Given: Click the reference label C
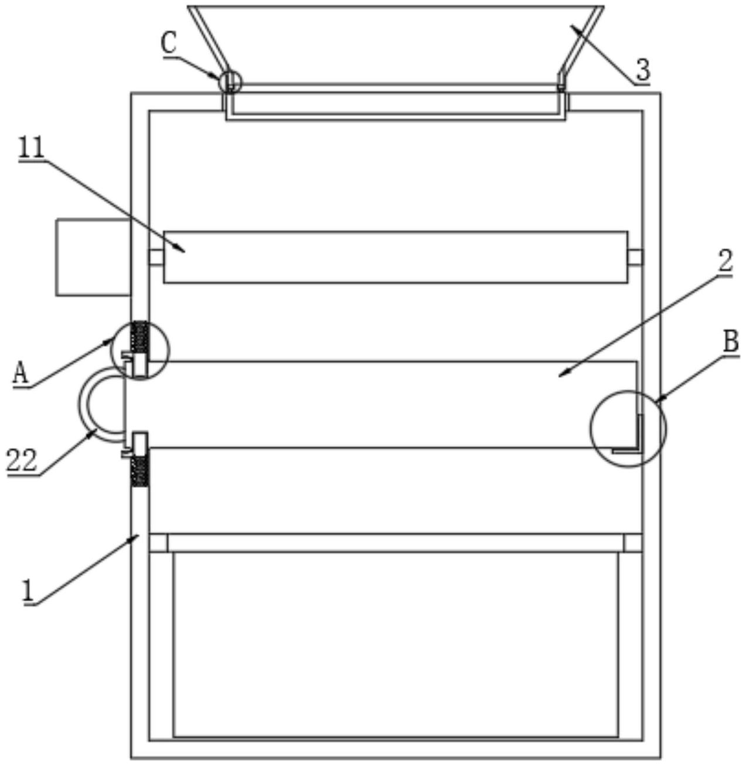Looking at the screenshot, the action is [169, 45].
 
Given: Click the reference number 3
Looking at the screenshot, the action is [643, 71].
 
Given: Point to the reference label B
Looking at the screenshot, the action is [730, 341].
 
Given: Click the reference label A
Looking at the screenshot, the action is [21, 372].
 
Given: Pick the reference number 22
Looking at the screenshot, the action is [22, 460].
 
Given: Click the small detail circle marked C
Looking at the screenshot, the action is [229, 81].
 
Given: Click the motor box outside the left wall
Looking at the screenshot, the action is [92, 257].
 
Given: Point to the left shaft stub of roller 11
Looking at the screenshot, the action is [155, 257].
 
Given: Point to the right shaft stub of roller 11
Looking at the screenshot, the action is [635, 257].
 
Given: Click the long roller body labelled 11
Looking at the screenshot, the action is [396, 257].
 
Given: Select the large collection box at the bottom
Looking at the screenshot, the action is [396, 644].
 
